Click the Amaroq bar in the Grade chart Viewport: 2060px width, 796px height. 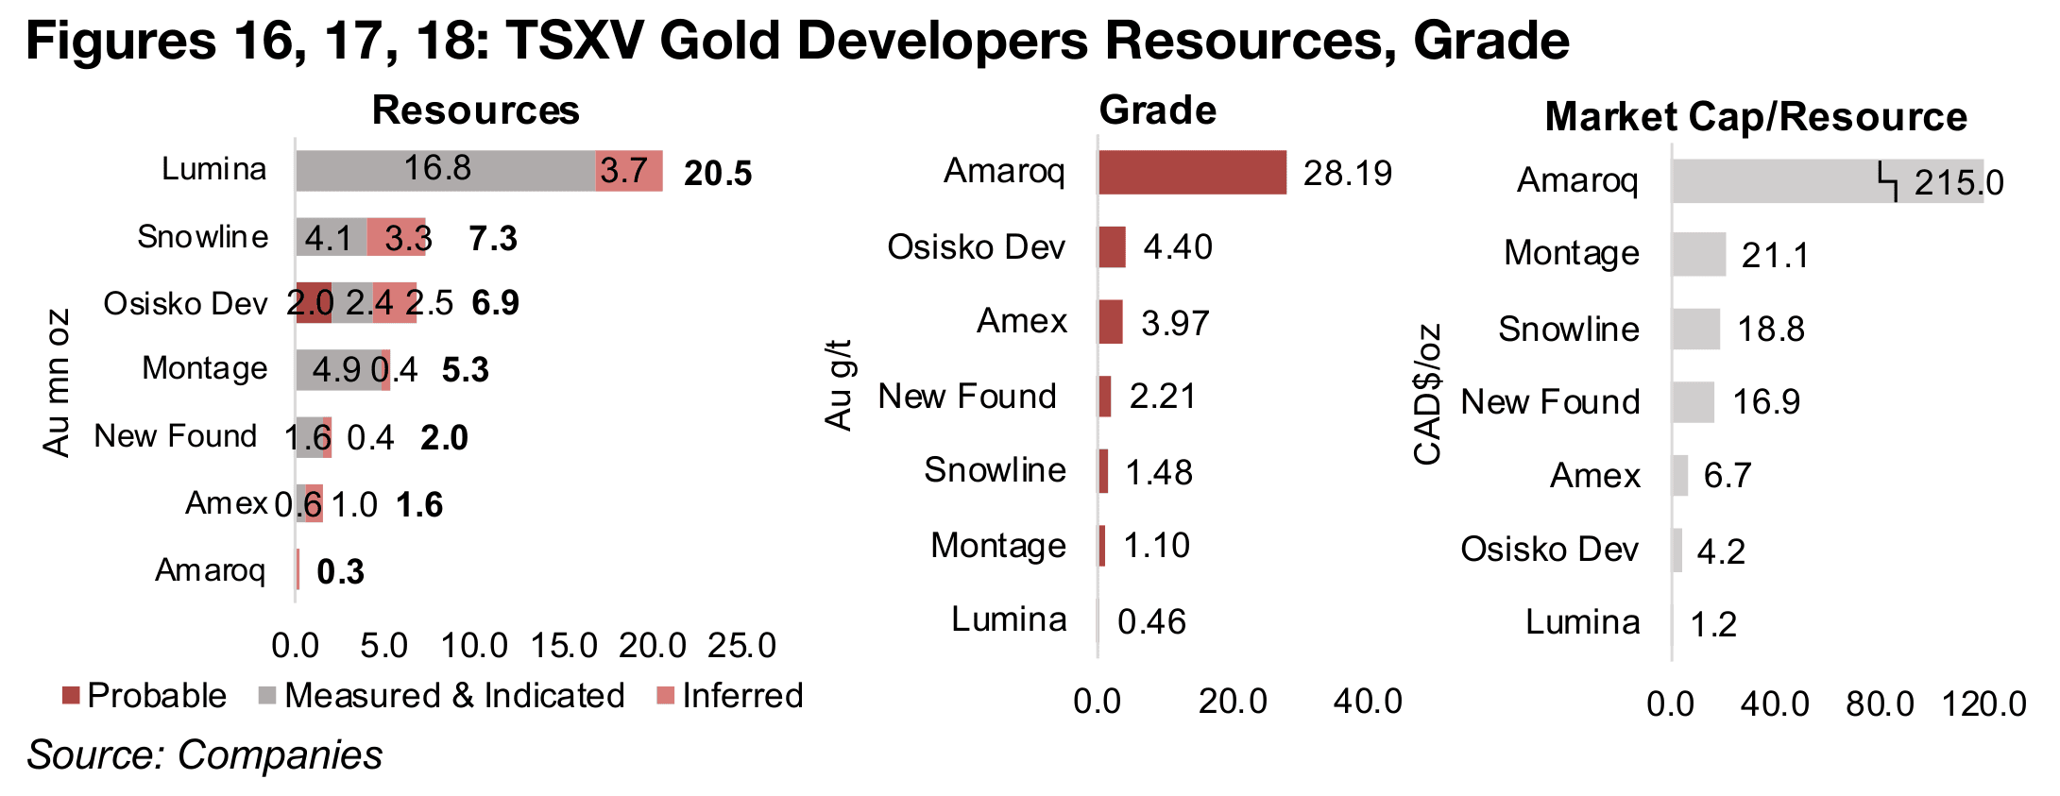pyautogui.click(x=1191, y=173)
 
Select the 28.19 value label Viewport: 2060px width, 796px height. pyautogui.click(x=1347, y=174)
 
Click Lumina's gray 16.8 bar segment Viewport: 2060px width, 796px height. pyautogui.click(x=445, y=171)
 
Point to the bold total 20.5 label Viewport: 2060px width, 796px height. pyautogui.click(x=718, y=174)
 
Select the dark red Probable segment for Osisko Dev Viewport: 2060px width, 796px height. pyautogui.click(x=314, y=303)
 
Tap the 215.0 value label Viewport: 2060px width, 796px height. pyautogui.click(x=1958, y=183)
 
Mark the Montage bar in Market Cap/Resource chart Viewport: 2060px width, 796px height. pyautogui.click(x=1698, y=255)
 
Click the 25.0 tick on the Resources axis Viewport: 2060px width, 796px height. pyautogui.click(x=741, y=646)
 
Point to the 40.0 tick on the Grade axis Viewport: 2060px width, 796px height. pyautogui.click(x=1367, y=702)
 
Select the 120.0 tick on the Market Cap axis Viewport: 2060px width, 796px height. pyautogui.click(x=1983, y=704)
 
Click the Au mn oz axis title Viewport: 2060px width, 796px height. pyautogui.click(x=57, y=382)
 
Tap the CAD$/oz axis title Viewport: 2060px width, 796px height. pyautogui.click(x=1427, y=394)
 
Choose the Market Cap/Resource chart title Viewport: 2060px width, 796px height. pyautogui.click(x=1755, y=117)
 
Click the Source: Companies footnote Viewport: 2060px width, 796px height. pyautogui.click(x=205, y=755)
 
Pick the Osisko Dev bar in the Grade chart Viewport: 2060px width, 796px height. pyautogui.click(x=1112, y=247)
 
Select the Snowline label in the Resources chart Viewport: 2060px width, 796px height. pyautogui.click(x=202, y=237)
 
